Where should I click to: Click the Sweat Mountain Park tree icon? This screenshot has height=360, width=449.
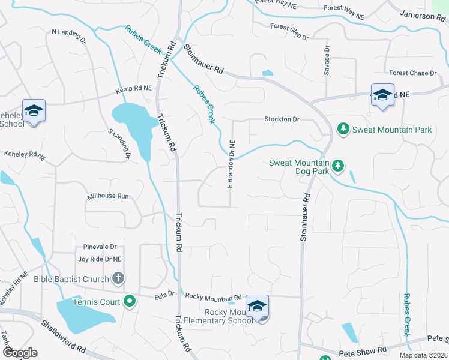[343, 129]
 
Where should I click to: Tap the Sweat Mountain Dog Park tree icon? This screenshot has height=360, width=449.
[338, 164]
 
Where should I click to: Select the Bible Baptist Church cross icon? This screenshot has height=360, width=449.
[118, 278]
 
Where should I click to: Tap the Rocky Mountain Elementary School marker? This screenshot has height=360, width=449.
[257, 307]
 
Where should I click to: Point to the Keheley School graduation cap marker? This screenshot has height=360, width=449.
[34, 110]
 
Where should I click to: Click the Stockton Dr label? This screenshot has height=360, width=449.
[282, 119]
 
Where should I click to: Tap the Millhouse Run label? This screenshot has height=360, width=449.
[108, 196]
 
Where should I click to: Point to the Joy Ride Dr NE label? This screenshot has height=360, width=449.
[100, 259]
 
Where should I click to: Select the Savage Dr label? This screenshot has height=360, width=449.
[327, 60]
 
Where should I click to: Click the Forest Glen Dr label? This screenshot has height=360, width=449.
[289, 32]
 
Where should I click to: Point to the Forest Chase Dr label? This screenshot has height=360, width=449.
[412, 73]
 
